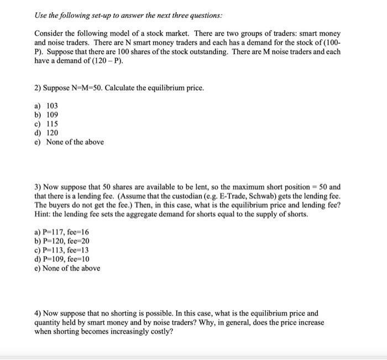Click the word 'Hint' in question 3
pos(42,213)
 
